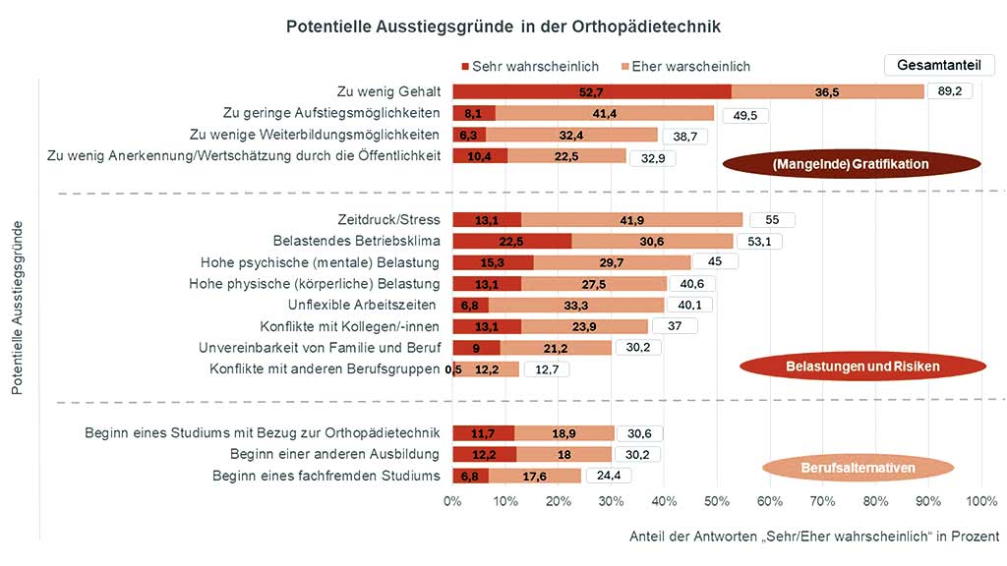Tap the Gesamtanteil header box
click(x=939, y=65)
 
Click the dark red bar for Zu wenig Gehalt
click(x=591, y=91)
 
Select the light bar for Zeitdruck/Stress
click(x=631, y=220)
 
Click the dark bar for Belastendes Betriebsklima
click(x=511, y=241)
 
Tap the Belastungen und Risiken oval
click(x=861, y=367)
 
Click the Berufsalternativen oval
click(x=858, y=468)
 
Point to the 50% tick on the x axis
click(x=717, y=502)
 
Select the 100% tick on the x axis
click(x=980, y=502)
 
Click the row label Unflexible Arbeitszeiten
click(x=364, y=305)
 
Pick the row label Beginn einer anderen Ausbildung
click(x=335, y=454)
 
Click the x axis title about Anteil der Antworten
click(x=814, y=537)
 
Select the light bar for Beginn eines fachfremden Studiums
click(x=535, y=476)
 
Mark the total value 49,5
click(x=744, y=114)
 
